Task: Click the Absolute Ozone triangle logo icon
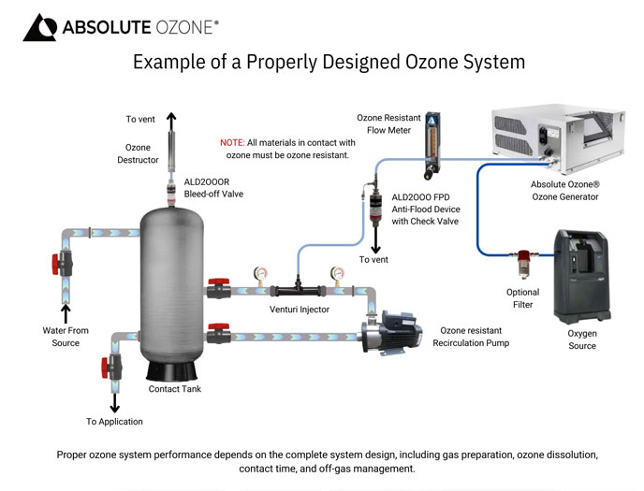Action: pyautogui.click(x=40, y=28)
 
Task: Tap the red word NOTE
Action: pyautogui.click(x=232, y=143)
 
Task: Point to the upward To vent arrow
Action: pyautogui.click(x=171, y=122)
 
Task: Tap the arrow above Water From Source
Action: pyautogui.click(x=66, y=314)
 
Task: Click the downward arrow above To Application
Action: pyautogui.click(x=115, y=402)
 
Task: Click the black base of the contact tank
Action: pyautogui.click(x=171, y=371)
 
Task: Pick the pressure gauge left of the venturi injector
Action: pyautogui.click(x=260, y=276)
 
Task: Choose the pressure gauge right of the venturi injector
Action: pyautogui.click(x=337, y=276)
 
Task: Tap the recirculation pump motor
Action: pyautogui.click(x=392, y=333)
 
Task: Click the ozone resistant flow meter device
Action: pyautogui.click(x=432, y=146)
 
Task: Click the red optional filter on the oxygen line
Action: pyautogui.click(x=523, y=263)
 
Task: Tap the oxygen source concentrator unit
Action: pyautogui.click(x=582, y=277)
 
